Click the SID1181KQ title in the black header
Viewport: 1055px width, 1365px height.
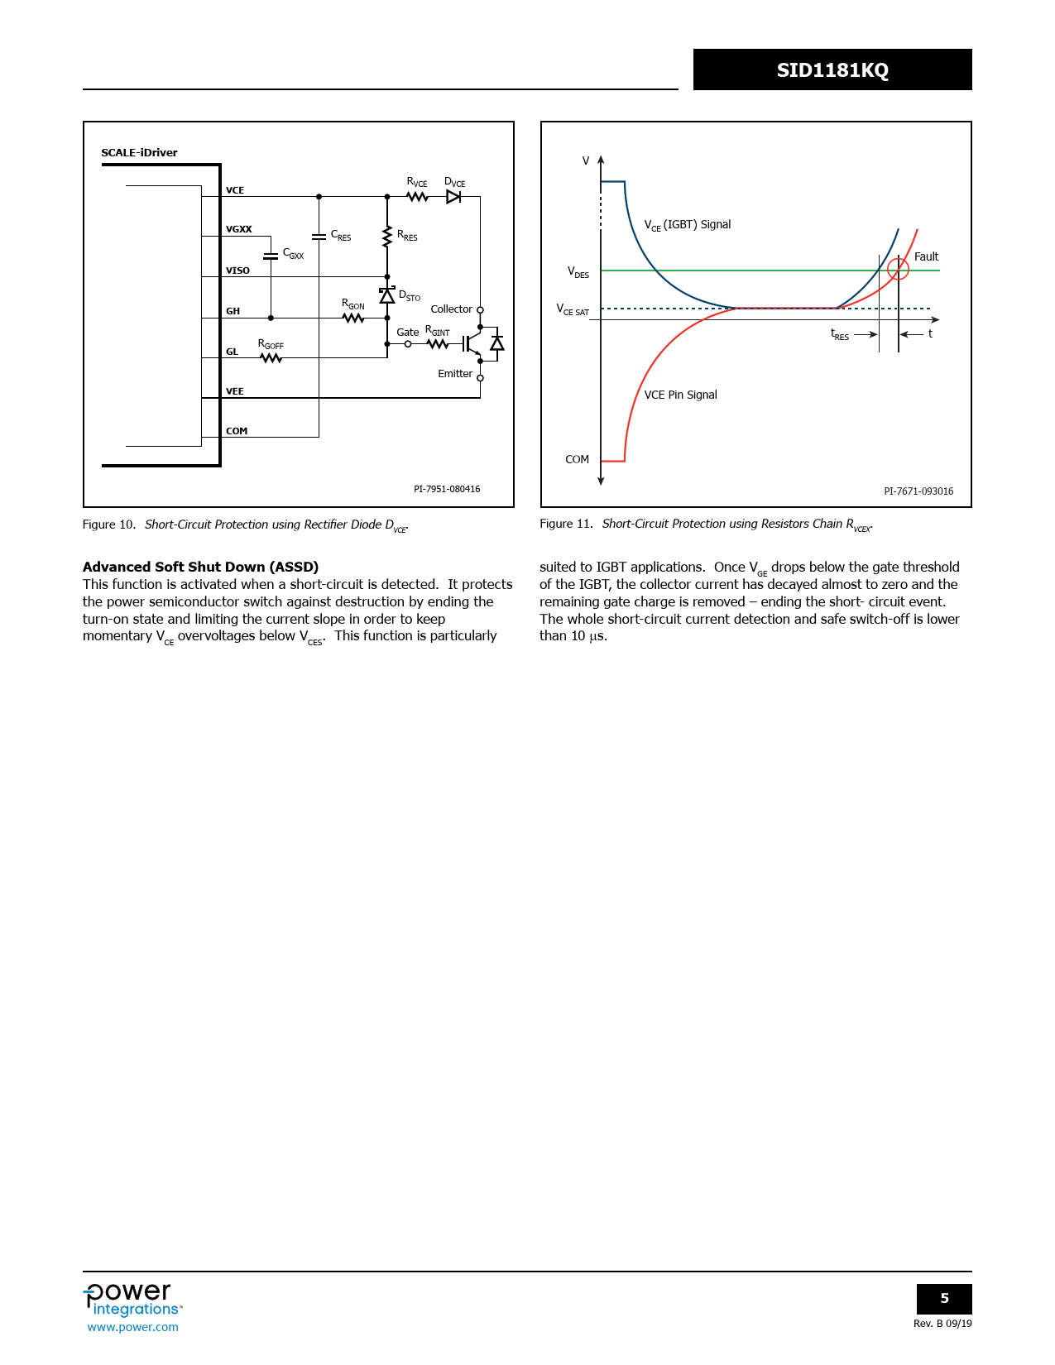tap(832, 70)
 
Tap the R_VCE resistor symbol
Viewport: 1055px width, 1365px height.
tap(417, 197)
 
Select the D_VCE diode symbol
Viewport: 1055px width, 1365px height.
tap(453, 197)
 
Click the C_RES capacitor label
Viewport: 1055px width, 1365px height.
tap(341, 236)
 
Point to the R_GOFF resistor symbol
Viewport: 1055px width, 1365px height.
tap(271, 358)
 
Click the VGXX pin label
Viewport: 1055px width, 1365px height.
tap(239, 229)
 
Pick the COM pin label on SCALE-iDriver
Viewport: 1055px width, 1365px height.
tap(237, 431)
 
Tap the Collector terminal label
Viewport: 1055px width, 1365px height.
tap(451, 309)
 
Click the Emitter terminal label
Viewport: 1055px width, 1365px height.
tap(455, 374)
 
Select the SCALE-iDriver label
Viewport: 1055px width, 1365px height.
tap(139, 153)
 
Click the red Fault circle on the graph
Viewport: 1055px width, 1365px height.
tap(898, 269)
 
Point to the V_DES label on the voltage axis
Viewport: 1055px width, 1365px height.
tap(578, 272)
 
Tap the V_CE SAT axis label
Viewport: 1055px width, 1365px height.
tap(573, 309)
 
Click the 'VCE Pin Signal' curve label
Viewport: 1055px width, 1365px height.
tap(680, 395)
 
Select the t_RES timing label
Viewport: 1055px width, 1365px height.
tap(840, 334)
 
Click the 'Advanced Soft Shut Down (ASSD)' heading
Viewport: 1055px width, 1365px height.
tap(200, 567)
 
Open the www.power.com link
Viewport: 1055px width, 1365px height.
tap(133, 1327)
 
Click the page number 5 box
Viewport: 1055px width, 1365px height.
tap(944, 1299)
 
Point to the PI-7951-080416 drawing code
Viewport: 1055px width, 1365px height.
tap(447, 489)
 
